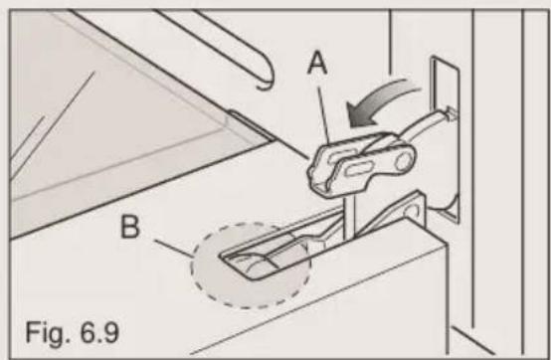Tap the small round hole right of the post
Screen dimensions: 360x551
407,211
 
